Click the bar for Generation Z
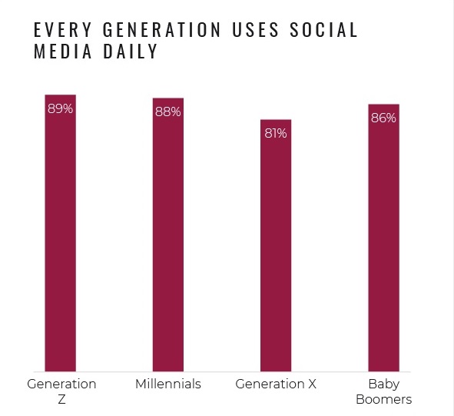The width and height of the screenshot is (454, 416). [x=60, y=233]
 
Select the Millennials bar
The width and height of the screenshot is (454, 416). [x=168, y=235]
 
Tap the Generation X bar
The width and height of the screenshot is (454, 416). [x=276, y=245]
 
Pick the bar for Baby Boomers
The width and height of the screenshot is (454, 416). [x=383, y=238]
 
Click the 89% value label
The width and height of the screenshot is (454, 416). [x=60, y=109]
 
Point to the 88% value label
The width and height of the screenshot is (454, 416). [x=168, y=112]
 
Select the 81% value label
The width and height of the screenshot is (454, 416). [x=276, y=133]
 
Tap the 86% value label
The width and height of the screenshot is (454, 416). [x=383, y=118]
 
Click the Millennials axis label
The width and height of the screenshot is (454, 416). [x=168, y=384]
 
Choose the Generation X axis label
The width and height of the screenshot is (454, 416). [x=276, y=384]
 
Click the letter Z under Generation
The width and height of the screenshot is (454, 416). [x=61, y=400]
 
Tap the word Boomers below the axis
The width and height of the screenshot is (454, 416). [x=383, y=400]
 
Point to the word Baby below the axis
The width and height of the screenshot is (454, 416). [x=384, y=384]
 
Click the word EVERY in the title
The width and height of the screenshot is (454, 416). [x=62, y=29]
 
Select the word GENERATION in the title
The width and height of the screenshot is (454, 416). [x=162, y=29]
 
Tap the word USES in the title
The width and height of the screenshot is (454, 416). [x=255, y=29]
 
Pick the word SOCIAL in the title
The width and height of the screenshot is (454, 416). [x=323, y=29]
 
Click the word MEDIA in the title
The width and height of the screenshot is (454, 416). [x=62, y=52]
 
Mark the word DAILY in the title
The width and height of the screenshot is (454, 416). [x=131, y=52]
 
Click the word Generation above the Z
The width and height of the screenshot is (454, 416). [x=61, y=384]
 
